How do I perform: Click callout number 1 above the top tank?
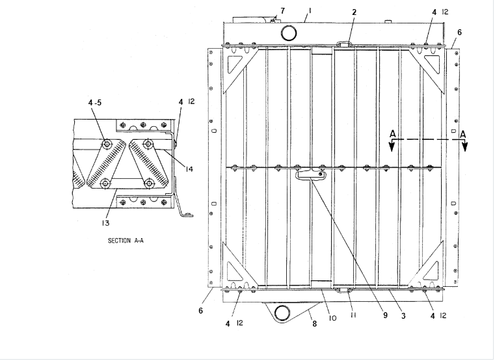point(310,11)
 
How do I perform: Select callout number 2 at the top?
point(354,12)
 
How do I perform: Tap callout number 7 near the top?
point(282,11)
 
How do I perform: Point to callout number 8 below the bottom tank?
point(315,323)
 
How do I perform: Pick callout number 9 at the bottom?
point(384,315)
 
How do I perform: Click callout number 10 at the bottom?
point(332,318)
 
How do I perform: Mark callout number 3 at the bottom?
point(403,315)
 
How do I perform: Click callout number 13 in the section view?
point(105,223)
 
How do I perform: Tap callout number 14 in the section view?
point(189,169)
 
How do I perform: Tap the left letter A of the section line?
point(392,134)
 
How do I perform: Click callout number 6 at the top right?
point(459,31)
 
